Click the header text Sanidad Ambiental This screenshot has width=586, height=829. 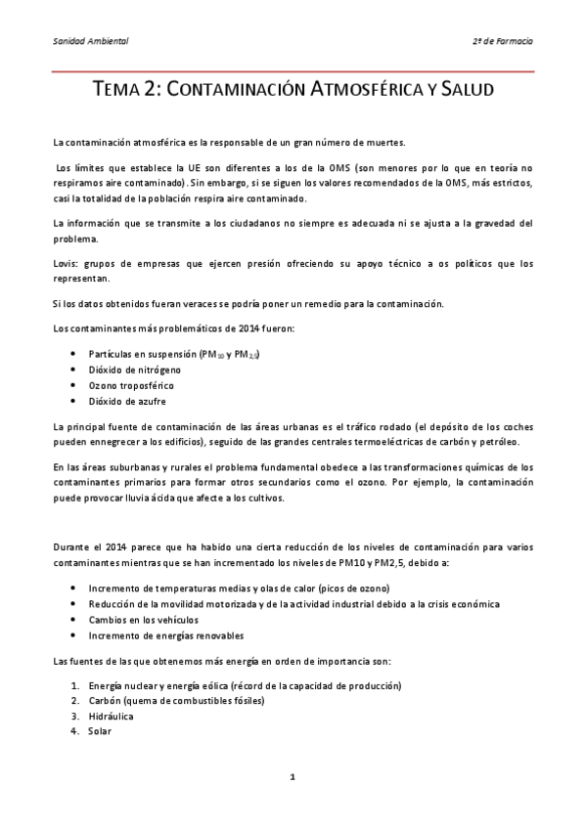click(x=90, y=42)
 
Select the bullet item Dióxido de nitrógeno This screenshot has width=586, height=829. click(x=132, y=369)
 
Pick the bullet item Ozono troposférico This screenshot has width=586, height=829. click(x=131, y=385)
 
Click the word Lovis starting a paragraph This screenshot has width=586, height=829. click(x=66, y=264)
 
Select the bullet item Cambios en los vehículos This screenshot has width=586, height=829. click(x=143, y=620)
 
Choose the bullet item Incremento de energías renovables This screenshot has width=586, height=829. click(x=167, y=635)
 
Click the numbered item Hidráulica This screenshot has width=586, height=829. click(x=112, y=716)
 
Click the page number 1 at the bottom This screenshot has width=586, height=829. click(x=293, y=776)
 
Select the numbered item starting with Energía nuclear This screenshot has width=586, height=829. click(x=245, y=684)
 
